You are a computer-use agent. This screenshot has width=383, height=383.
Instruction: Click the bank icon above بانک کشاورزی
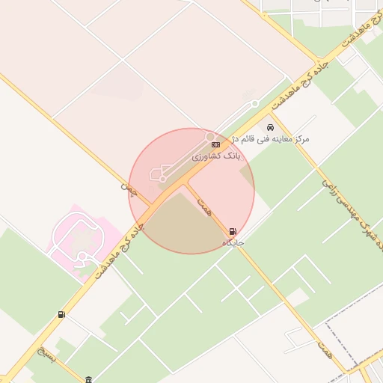(x=215, y=144)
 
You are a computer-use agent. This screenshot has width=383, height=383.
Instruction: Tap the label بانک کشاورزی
(x=216, y=156)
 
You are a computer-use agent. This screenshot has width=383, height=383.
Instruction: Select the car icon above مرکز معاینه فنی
(x=270, y=128)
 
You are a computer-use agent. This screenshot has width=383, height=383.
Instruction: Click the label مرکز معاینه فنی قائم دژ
(x=271, y=139)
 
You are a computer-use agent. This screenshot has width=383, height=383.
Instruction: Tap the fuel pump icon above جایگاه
(x=233, y=232)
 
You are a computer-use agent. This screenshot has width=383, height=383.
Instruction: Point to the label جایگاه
(x=233, y=242)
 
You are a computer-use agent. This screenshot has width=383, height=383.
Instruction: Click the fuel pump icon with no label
(x=61, y=315)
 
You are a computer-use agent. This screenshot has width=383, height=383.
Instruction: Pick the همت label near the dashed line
(x=323, y=346)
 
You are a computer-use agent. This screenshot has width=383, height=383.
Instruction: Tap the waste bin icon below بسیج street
(x=89, y=379)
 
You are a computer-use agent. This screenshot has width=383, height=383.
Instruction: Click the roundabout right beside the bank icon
(x=210, y=136)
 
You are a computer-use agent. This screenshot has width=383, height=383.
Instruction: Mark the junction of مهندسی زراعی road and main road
(x=270, y=113)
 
